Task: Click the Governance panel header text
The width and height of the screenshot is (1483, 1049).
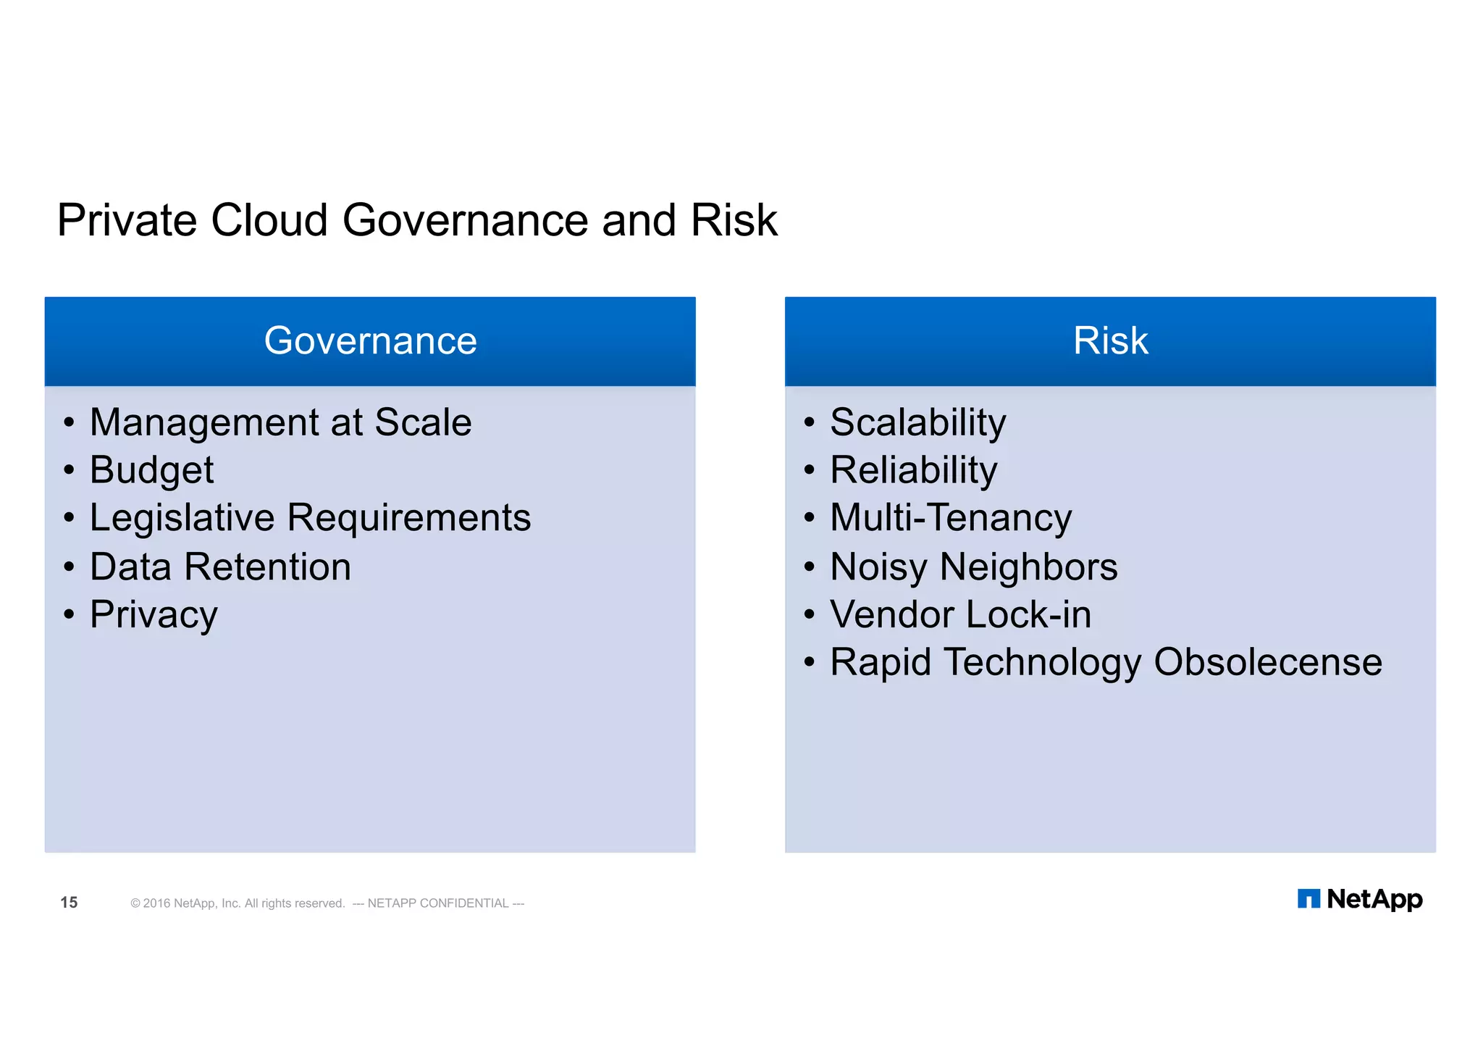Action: click(x=370, y=340)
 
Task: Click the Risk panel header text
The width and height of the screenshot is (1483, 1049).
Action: click(x=1110, y=340)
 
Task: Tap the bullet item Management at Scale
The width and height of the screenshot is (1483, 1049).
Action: click(x=280, y=422)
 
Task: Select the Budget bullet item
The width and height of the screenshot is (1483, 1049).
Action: click(x=151, y=470)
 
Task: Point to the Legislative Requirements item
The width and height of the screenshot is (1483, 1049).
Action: click(x=310, y=518)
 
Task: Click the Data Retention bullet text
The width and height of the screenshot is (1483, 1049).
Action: click(x=220, y=567)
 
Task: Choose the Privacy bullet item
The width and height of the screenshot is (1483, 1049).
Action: click(x=154, y=615)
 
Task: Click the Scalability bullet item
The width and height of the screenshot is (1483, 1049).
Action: click(x=917, y=422)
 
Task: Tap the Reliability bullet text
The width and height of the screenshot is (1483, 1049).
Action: click(x=913, y=470)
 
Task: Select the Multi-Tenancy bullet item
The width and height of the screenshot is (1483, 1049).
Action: click(x=950, y=518)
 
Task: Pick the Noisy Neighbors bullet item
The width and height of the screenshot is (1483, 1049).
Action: click(x=973, y=567)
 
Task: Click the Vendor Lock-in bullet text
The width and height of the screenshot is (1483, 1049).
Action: click(x=960, y=615)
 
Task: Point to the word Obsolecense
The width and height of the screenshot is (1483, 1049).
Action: click(x=1267, y=662)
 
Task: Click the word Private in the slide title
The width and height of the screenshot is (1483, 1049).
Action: click(x=127, y=220)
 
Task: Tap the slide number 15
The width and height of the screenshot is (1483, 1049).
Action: click(x=69, y=902)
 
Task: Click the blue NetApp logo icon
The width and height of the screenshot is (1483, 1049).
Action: click(x=1308, y=899)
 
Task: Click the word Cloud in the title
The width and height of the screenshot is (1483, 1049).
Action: click(x=269, y=220)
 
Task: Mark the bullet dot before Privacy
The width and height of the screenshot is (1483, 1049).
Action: click(x=69, y=615)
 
